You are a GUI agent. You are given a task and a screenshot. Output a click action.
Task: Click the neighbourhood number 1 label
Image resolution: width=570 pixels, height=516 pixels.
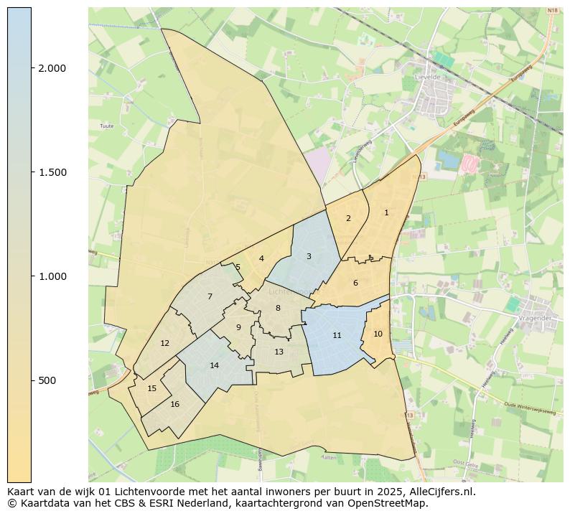[386, 212]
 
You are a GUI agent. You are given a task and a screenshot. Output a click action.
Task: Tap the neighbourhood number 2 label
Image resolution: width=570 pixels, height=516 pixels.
[348, 218]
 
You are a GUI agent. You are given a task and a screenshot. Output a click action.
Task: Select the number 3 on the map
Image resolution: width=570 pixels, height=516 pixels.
[309, 256]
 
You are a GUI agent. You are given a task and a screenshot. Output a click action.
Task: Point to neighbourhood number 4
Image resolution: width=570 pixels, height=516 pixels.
[261, 258]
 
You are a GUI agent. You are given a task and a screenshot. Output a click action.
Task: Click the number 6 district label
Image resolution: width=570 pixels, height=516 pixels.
[355, 283]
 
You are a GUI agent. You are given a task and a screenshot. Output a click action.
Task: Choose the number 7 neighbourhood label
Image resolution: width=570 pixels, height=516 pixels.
[210, 296]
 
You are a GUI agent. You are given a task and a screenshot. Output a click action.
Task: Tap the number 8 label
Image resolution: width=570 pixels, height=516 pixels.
[278, 308]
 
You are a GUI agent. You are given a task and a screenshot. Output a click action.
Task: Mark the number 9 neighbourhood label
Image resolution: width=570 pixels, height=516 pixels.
[238, 327]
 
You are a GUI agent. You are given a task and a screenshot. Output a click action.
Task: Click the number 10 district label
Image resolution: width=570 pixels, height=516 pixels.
[378, 334]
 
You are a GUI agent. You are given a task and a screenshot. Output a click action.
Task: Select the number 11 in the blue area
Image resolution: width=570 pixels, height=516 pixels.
[337, 335]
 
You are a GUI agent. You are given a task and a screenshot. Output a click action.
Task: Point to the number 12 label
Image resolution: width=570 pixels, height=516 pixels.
[164, 343]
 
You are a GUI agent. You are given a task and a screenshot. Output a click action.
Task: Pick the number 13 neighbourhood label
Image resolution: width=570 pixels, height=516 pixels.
[279, 352]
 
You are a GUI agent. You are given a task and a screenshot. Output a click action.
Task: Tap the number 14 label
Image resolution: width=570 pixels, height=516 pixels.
[214, 365]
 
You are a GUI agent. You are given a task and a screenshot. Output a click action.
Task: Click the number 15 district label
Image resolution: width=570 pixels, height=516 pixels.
[151, 388]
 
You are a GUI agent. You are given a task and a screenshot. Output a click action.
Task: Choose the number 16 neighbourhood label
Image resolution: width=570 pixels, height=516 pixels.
[174, 404]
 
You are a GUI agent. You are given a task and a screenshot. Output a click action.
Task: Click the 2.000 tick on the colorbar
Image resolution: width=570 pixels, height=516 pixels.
[52, 68]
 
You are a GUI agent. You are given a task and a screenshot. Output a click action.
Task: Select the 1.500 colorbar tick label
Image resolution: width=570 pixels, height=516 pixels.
[52, 172]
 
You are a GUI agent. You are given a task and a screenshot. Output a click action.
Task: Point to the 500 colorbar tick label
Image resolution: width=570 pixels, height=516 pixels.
[48, 380]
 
